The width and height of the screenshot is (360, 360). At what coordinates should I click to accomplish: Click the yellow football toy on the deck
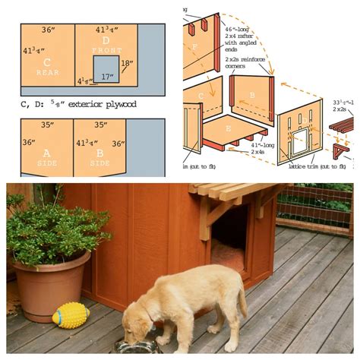(71, 314)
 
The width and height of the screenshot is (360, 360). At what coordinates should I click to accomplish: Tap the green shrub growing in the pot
(49, 229)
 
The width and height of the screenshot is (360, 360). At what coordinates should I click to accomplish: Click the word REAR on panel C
(47, 72)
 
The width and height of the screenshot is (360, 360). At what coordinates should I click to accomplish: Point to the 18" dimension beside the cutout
(128, 64)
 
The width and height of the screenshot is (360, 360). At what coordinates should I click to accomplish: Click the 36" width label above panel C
(47, 30)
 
